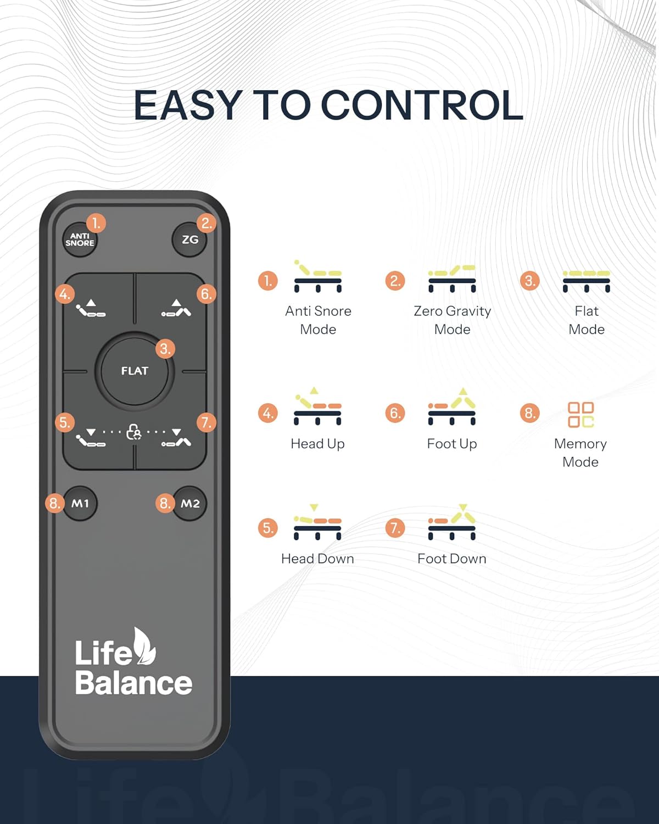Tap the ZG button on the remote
pyautogui.click(x=189, y=240)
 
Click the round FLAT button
pyautogui.click(x=135, y=371)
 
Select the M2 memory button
pyautogui.click(x=189, y=503)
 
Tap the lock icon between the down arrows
pyautogui.click(x=133, y=432)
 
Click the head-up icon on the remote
pyautogui.click(x=91, y=309)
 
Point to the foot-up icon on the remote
pyautogui.click(x=176, y=308)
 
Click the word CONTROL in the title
pyautogui.click(x=422, y=105)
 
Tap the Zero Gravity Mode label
pyautogui.click(x=452, y=320)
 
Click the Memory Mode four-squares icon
pyautogui.click(x=581, y=415)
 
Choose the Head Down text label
pyautogui.click(x=317, y=559)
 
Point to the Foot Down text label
pyautogui.click(x=452, y=559)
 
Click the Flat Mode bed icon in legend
pyautogui.click(x=587, y=281)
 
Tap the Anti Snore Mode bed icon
pyautogui.click(x=317, y=276)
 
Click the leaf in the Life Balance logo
pyautogui.click(x=144, y=647)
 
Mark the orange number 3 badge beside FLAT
pyautogui.click(x=165, y=349)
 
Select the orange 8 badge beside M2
pyautogui.click(x=165, y=503)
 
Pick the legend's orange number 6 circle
pyautogui.click(x=395, y=413)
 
